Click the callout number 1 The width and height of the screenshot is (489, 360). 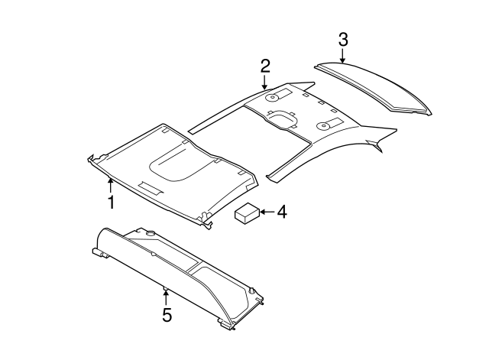tap(111, 203)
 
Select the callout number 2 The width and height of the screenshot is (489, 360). tap(264, 65)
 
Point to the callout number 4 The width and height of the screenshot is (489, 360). tap(282, 212)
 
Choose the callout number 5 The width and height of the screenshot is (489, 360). tap(167, 315)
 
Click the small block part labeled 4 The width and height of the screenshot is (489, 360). tap(248, 214)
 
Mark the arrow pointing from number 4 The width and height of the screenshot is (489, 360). tap(267, 212)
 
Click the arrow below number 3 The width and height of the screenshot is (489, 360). tap(343, 54)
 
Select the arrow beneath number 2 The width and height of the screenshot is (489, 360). tap(264, 81)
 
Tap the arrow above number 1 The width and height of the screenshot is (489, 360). tap(111, 185)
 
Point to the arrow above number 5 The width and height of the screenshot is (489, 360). tap(166, 296)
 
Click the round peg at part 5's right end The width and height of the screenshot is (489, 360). tap(252, 290)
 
